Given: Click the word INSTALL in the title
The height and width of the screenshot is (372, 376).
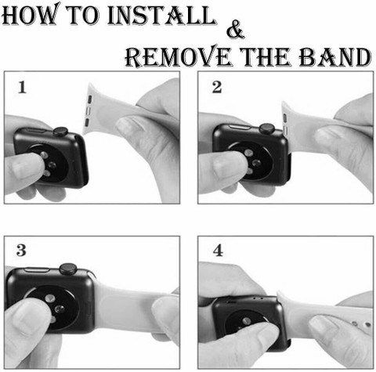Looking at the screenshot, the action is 161,15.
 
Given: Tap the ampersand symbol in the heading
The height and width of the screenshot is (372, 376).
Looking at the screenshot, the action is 235,29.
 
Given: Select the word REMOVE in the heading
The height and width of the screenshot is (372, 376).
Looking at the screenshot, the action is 179,56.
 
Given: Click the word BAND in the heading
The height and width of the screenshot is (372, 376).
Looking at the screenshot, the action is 334,56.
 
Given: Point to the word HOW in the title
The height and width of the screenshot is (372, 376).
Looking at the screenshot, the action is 31,14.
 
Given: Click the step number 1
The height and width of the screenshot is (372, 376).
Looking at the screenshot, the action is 22,87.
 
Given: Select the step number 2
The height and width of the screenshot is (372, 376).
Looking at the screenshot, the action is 217,87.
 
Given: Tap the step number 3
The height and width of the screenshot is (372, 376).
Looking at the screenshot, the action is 21,250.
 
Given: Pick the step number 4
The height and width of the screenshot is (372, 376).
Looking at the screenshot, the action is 218,250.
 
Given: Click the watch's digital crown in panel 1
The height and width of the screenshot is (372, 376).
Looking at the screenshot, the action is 60,132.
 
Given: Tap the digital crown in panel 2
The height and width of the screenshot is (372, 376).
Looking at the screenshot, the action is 266,128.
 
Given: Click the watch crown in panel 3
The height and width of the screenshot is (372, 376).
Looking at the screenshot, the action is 68,269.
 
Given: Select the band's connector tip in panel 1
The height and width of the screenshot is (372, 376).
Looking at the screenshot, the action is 89,109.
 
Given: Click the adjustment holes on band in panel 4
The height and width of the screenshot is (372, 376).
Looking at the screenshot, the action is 361,324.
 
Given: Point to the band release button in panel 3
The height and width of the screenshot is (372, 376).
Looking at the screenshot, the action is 88,308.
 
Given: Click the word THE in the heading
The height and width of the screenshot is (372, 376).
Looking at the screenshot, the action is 265,56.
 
